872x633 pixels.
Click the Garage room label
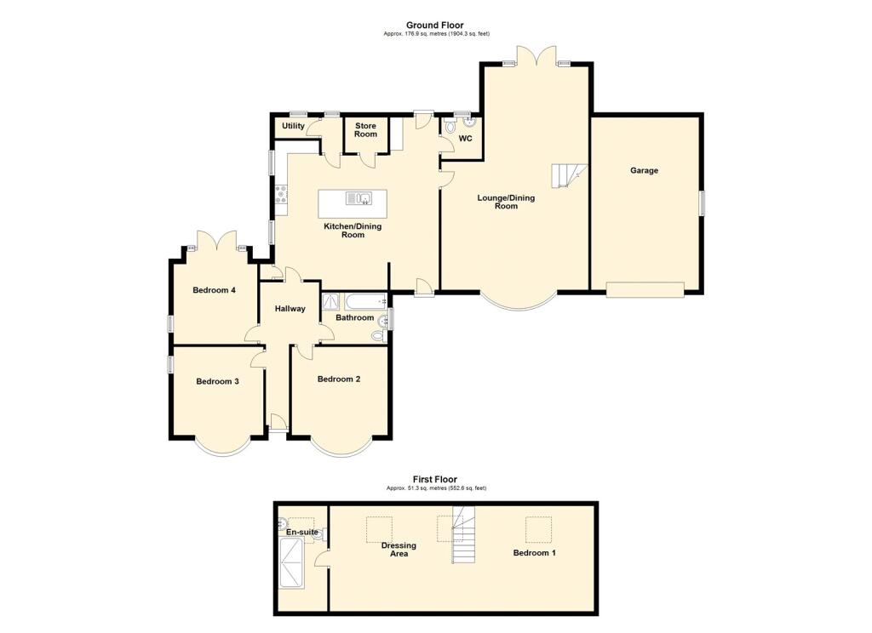[x=644, y=170]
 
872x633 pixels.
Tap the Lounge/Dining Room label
[x=506, y=202]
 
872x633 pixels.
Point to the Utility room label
[x=293, y=127]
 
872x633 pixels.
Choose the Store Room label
[x=365, y=130]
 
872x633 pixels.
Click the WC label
[x=465, y=139]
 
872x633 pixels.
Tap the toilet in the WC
[x=450, y=126]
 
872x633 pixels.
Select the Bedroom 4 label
[x=214, y=290]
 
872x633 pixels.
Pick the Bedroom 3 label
[x=217, y=381]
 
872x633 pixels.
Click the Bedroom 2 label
[x=339, y=379]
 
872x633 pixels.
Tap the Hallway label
[x=290, y=308]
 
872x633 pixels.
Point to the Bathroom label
[x=354, y=317]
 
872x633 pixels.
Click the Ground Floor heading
[x=435, y=26]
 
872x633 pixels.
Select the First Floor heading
[x=435, y=480]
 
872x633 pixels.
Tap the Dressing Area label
[x=399, y=550]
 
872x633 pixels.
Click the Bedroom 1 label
[x=534, y=553]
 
